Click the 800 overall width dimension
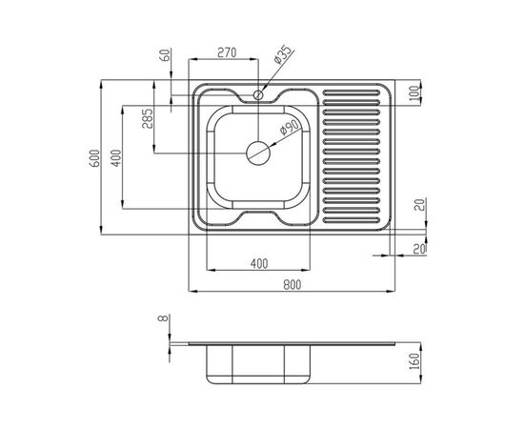point(292,284)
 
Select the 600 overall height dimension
point(95,158)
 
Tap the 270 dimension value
point(227,52)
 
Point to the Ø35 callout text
point(282,55)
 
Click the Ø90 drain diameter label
point(289,127)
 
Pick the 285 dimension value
point(147,118)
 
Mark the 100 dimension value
point(413,93)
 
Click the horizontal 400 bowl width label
point(259,264)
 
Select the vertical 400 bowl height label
point(116,158)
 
